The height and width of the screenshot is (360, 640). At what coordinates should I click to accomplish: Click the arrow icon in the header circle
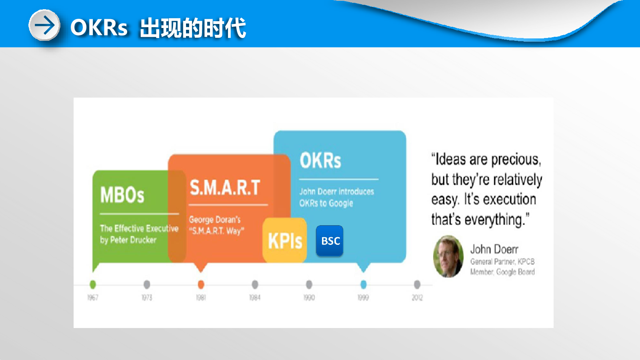click(x=44, y=25)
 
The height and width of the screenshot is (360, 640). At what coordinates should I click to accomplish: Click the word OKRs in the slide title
click(x=99, y=28)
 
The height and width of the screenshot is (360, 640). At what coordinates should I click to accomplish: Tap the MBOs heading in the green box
click(x=122, y=194)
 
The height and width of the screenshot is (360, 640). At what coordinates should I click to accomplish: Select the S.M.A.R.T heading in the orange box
click(x=225, y=188)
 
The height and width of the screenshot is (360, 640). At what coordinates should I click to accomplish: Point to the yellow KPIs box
click(x=284, y=240)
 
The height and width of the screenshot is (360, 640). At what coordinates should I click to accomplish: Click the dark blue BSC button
click(x=330, y=240)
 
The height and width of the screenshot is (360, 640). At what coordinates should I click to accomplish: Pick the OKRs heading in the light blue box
click(x=320, y=160)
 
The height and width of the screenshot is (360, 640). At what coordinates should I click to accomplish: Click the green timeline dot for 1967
click(x=92, y=284)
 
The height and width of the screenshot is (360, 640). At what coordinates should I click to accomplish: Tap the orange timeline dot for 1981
click(x=201, y=284)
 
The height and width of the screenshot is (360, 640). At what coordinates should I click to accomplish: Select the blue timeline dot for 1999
click(x=364, y=284)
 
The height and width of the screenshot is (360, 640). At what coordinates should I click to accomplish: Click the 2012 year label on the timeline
click(x=417, y=298)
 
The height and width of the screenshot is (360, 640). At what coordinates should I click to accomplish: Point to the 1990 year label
click(x=309, y=298)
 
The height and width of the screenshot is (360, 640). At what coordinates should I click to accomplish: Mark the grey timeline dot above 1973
click(x=147, y=284)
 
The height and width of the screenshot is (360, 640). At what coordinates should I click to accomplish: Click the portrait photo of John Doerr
click(x=448, y=256)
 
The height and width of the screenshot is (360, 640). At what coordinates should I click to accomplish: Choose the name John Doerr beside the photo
click(x=494, y=249)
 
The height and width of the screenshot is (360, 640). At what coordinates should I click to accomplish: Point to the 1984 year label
click(x=255, y=298)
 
